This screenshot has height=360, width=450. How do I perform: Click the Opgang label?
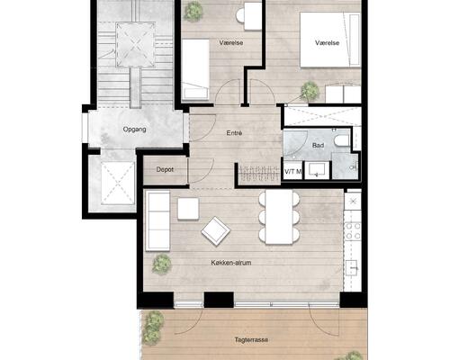coord(135,130)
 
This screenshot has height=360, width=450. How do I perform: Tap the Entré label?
coord(234,133)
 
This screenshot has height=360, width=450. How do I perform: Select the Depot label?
coord(165,170)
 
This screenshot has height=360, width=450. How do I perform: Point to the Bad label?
coord(318,146)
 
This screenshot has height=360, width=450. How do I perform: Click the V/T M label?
coord(292,172)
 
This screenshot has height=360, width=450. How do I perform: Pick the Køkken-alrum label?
coord(231,263)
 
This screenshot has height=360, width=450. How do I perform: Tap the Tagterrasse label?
coord(251,340)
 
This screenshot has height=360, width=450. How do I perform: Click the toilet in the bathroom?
coord(342,141)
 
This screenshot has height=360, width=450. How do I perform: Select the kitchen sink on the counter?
coord(352,268)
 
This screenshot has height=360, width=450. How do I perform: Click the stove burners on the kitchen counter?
coord(353,231)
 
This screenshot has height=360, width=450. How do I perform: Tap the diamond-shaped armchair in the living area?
coord(216,231)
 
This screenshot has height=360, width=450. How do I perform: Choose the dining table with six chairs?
coord(279,217)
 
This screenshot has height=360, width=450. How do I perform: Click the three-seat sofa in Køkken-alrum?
coord(157,220)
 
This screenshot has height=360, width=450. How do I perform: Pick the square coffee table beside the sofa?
coord(188,209)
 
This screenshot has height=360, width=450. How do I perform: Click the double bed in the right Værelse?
coord(330,40)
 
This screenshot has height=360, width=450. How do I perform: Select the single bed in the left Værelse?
coord(195,69)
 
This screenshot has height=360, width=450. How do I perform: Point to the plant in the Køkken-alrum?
coord(162,265)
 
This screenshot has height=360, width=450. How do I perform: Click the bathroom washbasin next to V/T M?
coord(317,170)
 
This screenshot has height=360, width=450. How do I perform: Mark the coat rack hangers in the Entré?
coord(259,174)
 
